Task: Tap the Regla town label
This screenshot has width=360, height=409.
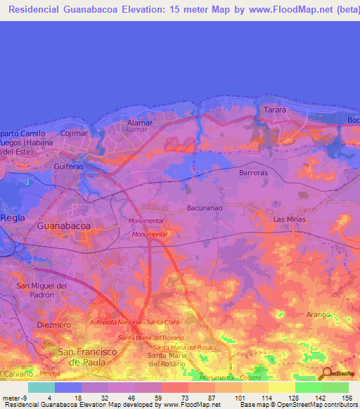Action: coord(12,218)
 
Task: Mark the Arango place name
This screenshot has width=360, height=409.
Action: coord(318,314)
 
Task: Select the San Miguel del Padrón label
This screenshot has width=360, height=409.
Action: coord(41,290)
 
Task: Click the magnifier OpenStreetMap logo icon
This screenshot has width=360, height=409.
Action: coord(326,374)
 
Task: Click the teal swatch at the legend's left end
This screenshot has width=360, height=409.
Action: coord(41,387)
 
